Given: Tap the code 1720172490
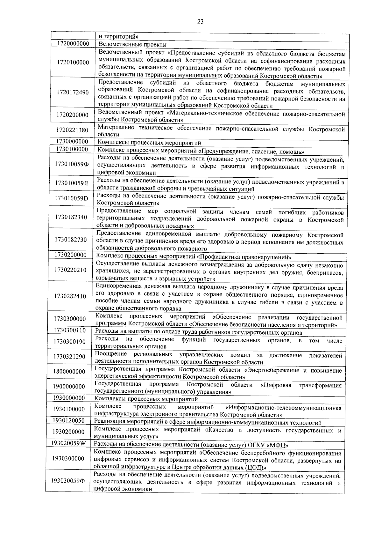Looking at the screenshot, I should pyautogui.click(x=73, y=93).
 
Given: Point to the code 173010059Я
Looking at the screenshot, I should pyautogui.click(x=71, y=183).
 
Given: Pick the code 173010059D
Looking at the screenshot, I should pyautogui.click(x=71, y=198).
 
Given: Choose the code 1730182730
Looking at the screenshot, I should pyautogui.click(x=71, y=240).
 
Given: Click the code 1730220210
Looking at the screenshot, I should pyautogui.click(x=70, y=270).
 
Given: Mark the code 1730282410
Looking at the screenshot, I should pyautogui.click(x=70, y=296).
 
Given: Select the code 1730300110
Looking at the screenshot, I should pyautogui.click(x=70, y=330).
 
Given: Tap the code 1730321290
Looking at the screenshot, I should pyautogui.click(x=69, y=357).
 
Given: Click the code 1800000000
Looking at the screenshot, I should pyautogui.click(x=69, y=372).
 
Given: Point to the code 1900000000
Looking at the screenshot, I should pyautogui.click(x=69, y=387).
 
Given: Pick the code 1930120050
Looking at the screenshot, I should pyautogui.click(x=69, y=420).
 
